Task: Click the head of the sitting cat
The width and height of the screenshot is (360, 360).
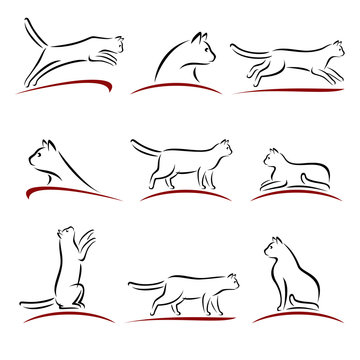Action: (x=273, y=248)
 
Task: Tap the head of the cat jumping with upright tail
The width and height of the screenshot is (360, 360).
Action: (x=116, y=44)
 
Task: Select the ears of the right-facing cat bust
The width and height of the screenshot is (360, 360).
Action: (x=200, y=40)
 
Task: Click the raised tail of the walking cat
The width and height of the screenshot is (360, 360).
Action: (x=139, y=148)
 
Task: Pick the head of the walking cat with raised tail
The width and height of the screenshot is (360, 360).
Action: (x=224, y=149)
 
